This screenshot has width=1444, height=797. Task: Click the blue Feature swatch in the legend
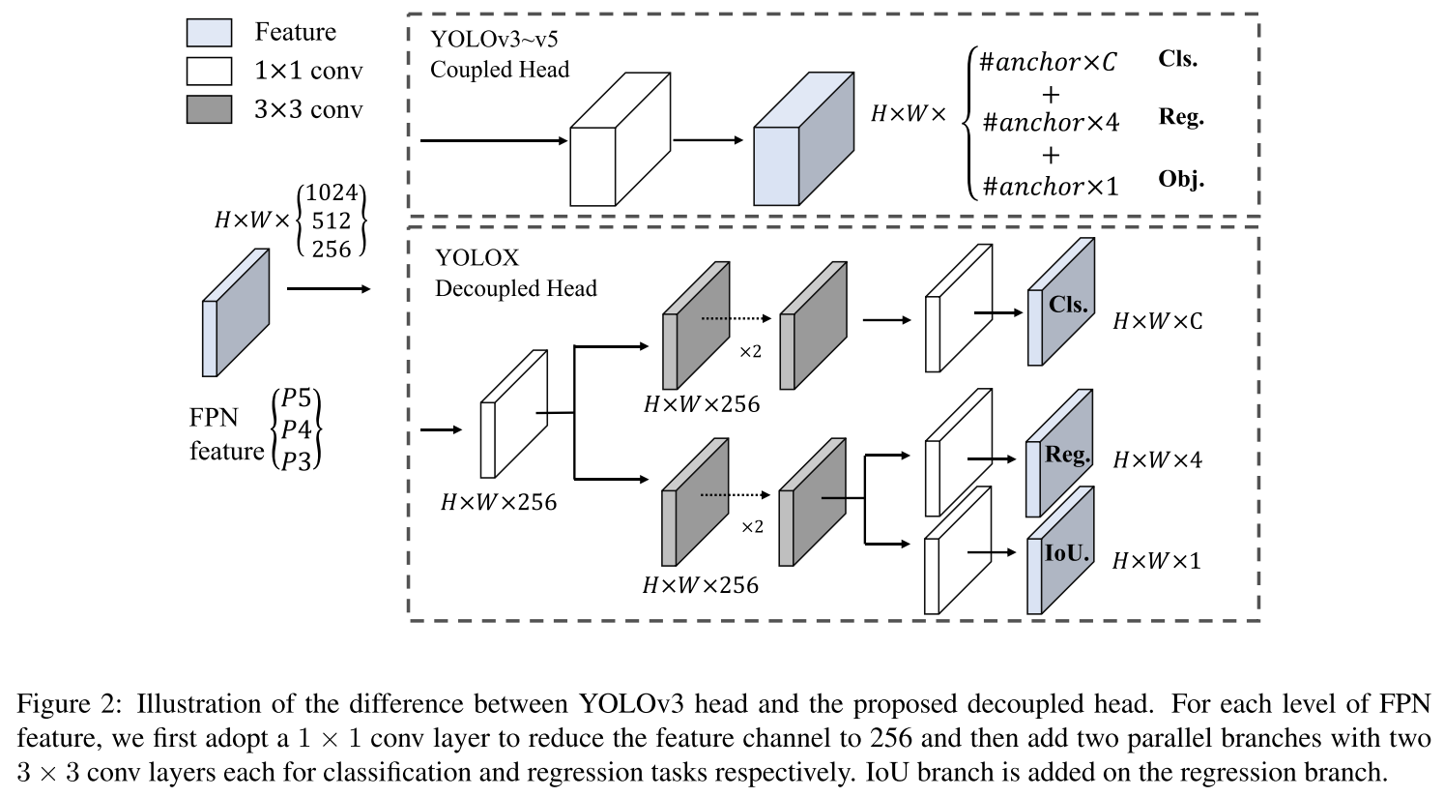tap(209, 32)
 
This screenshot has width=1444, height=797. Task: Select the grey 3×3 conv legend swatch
tap(209, 109)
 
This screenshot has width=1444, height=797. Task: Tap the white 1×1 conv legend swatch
tap(209, 71)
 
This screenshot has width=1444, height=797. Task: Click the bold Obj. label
tap(1181, 179)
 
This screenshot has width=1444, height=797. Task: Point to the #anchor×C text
tap(1048, 62)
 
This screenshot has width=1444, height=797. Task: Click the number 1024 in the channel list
tap(332, 192)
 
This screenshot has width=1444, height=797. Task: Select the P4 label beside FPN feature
tap(297, 428)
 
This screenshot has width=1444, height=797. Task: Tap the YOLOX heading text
tap(477, 257)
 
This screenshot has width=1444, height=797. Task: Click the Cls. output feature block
tap(1061, 302)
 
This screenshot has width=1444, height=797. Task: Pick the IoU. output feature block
tap(1060, 549)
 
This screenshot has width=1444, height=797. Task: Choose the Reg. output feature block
tap(1059, 453)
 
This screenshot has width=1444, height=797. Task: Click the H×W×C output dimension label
tap(1157, 321)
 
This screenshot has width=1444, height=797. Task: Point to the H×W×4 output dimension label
tap(1157, 459)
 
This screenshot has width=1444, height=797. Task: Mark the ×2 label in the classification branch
tap(750, 352)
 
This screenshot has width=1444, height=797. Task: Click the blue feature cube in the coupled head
tap(804, 138)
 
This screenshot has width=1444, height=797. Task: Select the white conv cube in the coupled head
tap(621, 138)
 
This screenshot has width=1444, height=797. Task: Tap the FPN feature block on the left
tap(236, 312)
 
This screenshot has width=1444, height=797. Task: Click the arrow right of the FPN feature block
tap(329, 288)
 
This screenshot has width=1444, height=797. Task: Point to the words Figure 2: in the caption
tap(69, 703)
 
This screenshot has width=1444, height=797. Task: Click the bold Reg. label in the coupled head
tap(1181, 117)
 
